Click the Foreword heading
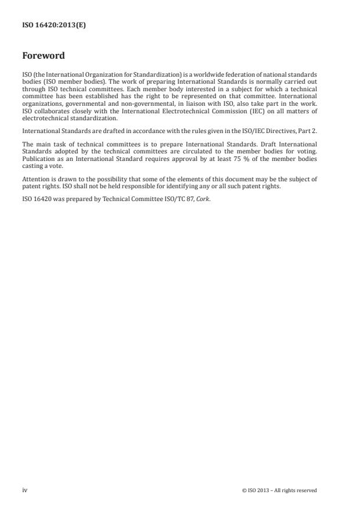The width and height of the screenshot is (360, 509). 43,56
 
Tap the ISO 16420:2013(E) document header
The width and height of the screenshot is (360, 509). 54,26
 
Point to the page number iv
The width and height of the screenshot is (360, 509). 25,490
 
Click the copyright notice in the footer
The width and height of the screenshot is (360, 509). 279,490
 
